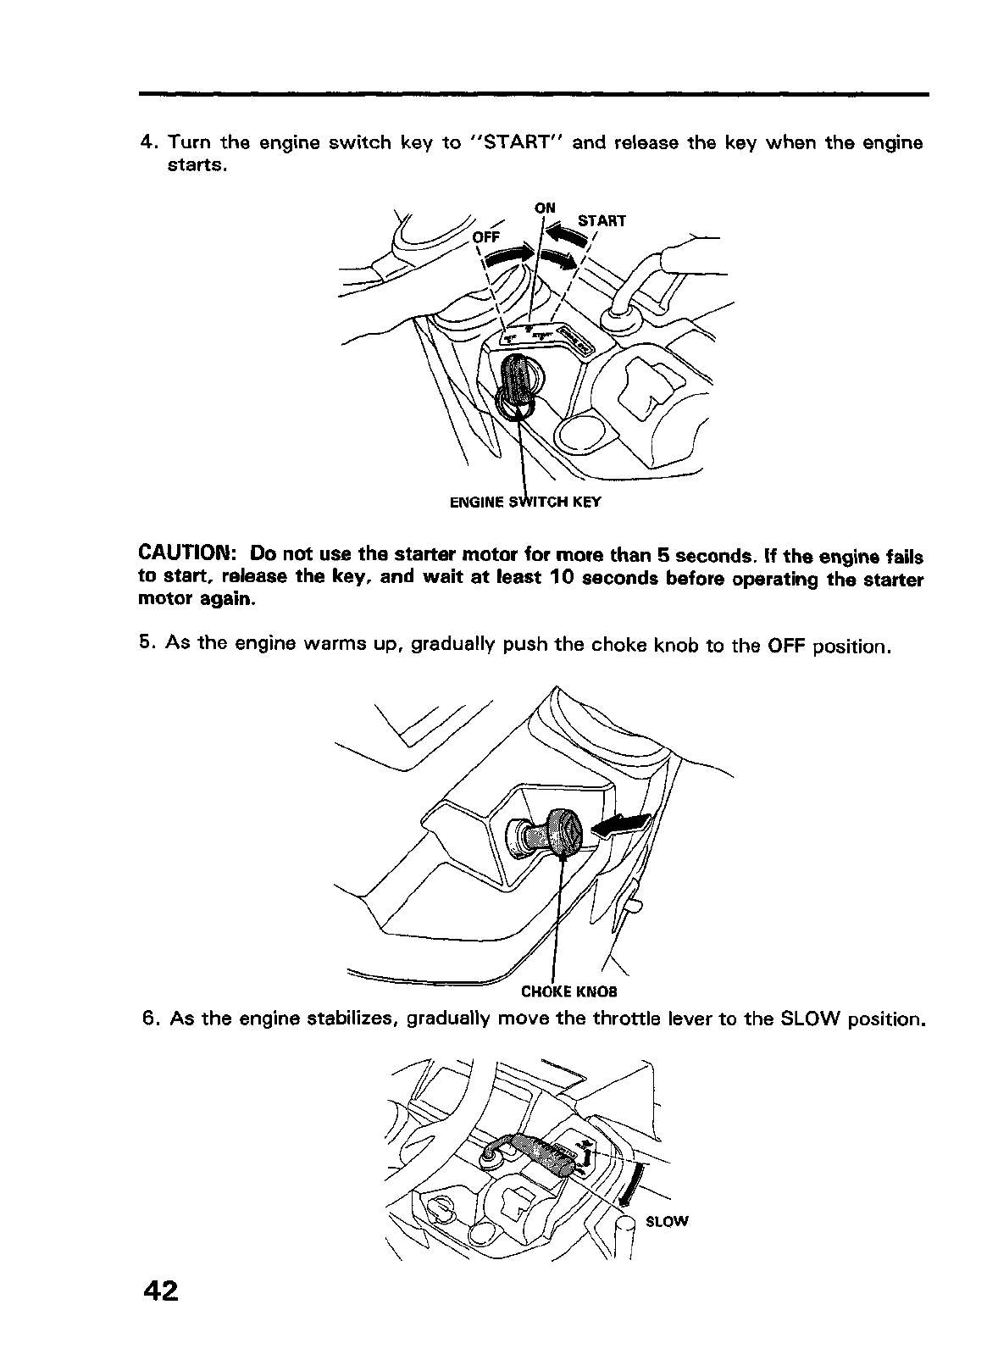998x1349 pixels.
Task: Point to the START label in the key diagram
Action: [601, 221]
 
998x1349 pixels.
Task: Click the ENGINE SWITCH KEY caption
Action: [524, 502]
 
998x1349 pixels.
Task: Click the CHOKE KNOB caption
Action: [568, 991]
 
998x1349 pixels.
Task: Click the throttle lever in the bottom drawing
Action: [542, 1152]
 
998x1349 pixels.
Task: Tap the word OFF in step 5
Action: [785, 647]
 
